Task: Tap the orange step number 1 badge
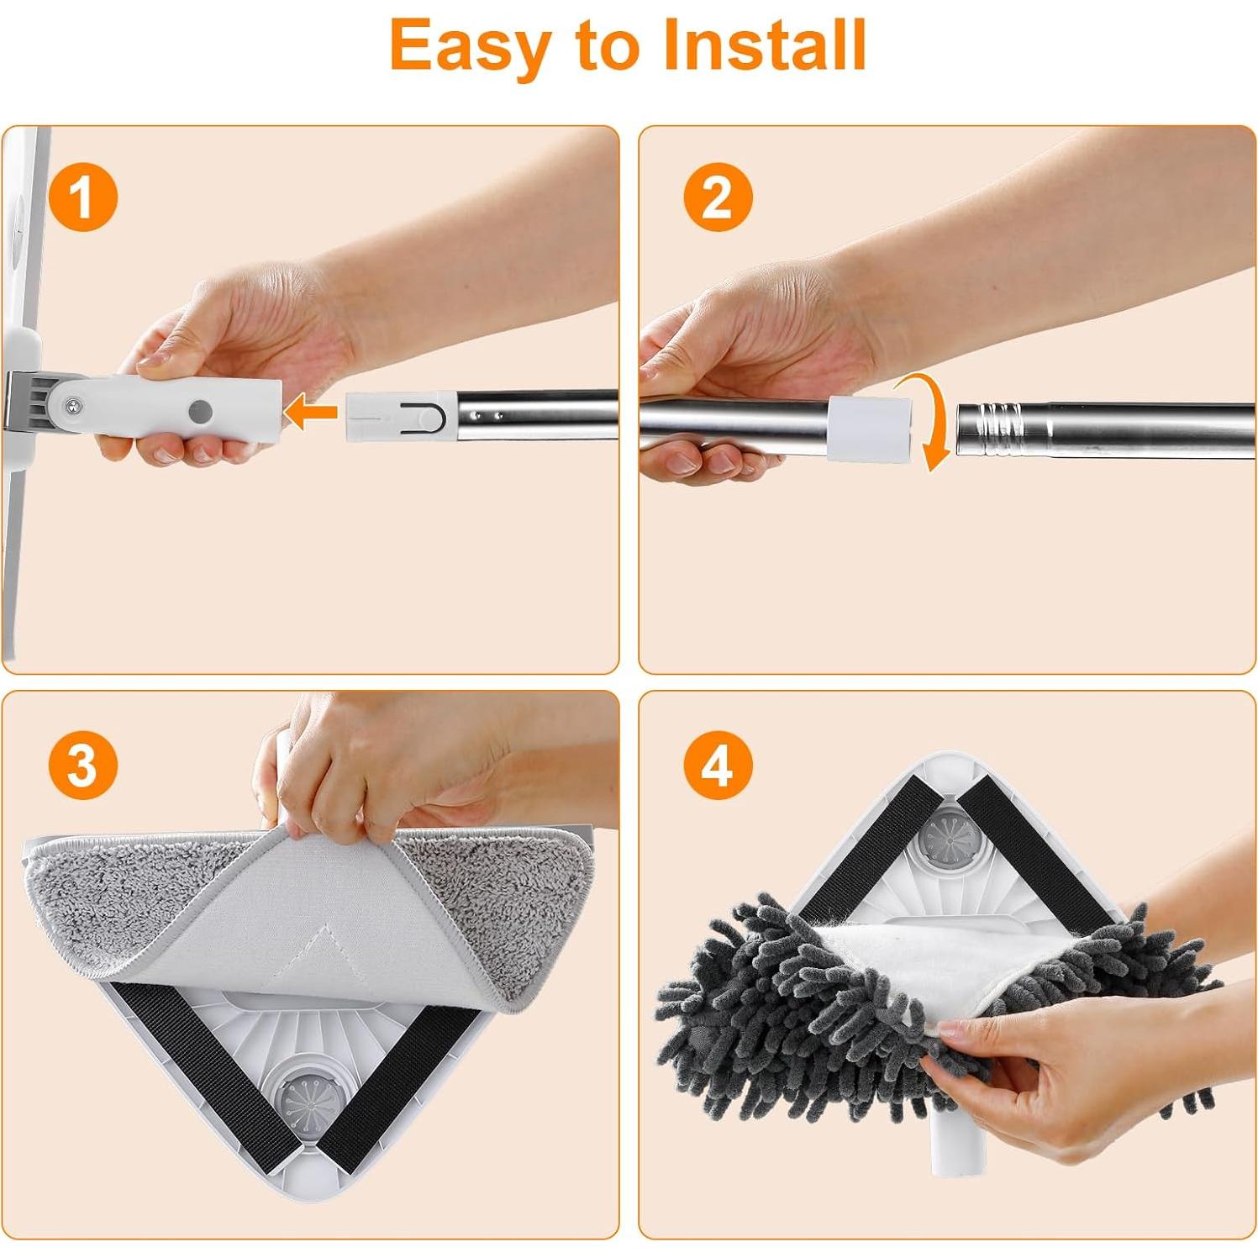(x=82, y=198)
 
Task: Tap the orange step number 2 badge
(x=717, y=198)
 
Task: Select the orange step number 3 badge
(x=82, y=766)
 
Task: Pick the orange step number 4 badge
(x=717, y=766)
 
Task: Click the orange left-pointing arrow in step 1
(x=310, y=413)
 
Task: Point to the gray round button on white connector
(x=200, y=411)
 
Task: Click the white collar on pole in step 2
(x=869, y=428)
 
